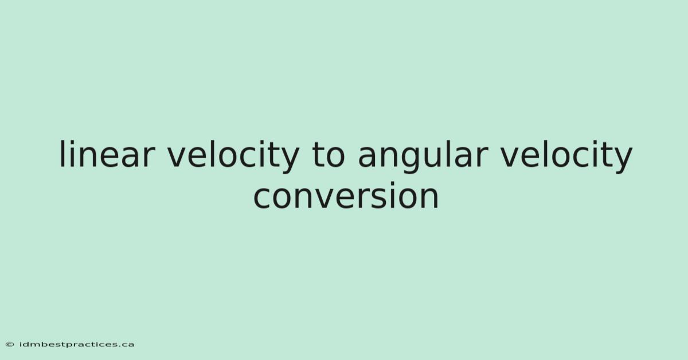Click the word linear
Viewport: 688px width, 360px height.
107,154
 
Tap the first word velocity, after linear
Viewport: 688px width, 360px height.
233,156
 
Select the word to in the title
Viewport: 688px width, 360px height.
329,155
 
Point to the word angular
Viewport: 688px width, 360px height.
423,156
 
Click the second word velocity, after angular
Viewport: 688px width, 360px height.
566,156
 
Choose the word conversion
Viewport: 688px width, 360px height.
346,196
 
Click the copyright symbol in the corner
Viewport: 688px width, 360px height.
10,345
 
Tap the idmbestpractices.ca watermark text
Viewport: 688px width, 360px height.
77,345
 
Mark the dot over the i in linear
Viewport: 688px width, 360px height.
72,143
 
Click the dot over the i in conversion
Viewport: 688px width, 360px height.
399,184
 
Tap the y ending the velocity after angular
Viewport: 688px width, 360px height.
622,160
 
